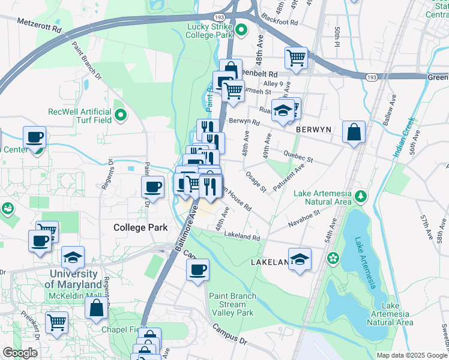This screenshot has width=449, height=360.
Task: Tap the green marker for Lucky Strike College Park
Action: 241,29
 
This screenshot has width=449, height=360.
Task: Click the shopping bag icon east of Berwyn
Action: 354,131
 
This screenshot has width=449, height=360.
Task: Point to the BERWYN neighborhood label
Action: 314,129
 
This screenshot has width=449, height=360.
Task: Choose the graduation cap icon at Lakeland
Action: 300,259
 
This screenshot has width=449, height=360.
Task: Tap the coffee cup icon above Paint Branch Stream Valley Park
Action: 197,269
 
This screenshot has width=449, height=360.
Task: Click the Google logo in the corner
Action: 20,353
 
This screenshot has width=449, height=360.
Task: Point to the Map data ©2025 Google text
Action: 412,355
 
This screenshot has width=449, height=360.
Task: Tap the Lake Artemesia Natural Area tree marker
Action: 361,196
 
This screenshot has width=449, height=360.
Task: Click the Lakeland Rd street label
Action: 242,238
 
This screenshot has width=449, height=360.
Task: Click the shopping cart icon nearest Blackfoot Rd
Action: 296,58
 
